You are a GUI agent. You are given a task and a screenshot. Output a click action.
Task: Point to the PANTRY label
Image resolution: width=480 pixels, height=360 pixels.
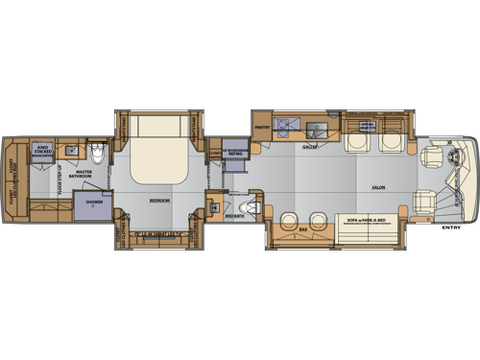click(x=263, y=125)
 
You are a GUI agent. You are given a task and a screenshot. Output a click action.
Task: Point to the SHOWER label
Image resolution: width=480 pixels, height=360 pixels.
click(x=93, y=203)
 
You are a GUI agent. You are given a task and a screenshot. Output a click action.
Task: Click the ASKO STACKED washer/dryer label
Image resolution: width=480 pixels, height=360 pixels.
click(x=43, y=151)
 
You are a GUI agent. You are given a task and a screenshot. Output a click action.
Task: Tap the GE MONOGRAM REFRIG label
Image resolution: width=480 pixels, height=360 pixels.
click(x=236, y=153)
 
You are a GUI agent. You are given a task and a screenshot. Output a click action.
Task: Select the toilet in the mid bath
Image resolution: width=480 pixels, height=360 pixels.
click(x=252, y=208)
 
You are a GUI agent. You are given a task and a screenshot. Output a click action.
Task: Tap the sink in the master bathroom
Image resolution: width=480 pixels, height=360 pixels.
click(x=71, y=151)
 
